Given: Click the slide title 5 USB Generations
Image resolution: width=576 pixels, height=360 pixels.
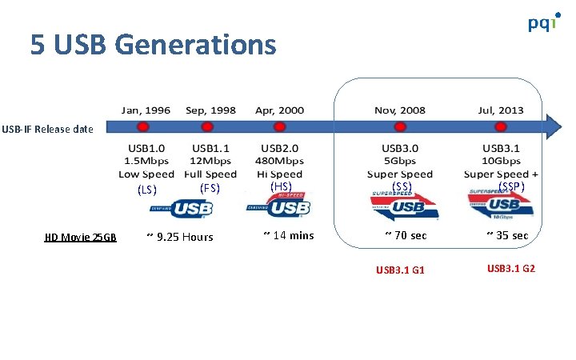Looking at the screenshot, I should pos(154,45).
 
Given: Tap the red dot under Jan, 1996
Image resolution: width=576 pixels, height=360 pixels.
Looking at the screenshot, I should pos(143,126).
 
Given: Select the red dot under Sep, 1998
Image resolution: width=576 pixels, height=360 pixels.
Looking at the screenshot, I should pos(206,126).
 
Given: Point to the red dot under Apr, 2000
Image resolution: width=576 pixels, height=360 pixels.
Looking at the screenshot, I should pos(279,126).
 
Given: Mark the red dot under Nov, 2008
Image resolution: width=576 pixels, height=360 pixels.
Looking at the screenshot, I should pos(399,126).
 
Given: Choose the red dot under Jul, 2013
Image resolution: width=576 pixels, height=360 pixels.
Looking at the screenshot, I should pos(502,126).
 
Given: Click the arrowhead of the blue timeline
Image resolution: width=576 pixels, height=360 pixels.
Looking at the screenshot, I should pos(554,126).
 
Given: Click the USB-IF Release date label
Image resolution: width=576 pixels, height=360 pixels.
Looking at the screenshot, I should pos(47,129).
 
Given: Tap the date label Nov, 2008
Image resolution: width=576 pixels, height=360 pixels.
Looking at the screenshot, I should pos(400,110).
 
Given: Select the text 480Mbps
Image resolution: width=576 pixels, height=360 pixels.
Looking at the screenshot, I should pos(281,161).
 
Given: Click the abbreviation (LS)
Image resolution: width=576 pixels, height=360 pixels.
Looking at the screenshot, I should pos(146,190).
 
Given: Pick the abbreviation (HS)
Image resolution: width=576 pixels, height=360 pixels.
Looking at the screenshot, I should pos(281,186).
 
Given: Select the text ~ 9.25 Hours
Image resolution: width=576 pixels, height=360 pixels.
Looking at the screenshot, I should pos(181,237).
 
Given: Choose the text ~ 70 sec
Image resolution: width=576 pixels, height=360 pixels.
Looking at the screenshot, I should pos(406,235).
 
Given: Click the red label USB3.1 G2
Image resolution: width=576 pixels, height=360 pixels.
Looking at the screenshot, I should pos(510,268).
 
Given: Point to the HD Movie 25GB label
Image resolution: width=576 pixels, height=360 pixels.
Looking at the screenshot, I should pos(80,237).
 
